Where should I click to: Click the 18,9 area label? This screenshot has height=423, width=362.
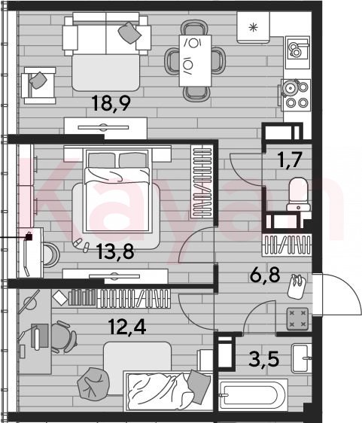pyautogui.click(x=111, y=103)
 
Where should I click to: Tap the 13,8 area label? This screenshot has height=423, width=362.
pyautogui.click(x=115, y=251)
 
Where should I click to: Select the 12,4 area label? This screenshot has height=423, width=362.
pyautogui.click(x=127, y=327)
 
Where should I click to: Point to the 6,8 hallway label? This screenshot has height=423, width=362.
pyautogui.click(x=265, y=275)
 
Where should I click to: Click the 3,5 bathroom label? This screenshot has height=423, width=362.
pyautogui.click(x=263, y=359)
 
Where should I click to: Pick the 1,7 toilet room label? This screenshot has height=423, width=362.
pyautogui.click(x=290, y=160)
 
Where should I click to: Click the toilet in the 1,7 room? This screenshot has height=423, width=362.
pyautogui.click(x=298, y=194)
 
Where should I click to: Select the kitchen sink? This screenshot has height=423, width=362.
pyautogui.click(x=298, y=48)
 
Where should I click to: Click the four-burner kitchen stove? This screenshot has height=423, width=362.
pyautogui.click(x=296, y=95)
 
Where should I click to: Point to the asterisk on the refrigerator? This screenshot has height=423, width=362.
pyautogui.click(x=253, y=27)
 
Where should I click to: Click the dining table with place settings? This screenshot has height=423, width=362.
pyautogui.click(x=195, y=60)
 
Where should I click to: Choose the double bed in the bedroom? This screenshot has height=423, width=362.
pyautogui.click(x=117, y=190)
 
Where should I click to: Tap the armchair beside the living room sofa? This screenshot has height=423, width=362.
pyautogui.click(x=38, y=86)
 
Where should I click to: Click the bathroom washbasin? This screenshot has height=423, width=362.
pyautogui.click(x=302, y=358)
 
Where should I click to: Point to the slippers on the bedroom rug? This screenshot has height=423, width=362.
pyautogui.click(x=81, y=245)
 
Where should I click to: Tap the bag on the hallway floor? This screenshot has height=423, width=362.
pyautogui.click(x=297, y=286)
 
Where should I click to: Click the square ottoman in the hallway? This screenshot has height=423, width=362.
pyautogui.click(x=297, y=319)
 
